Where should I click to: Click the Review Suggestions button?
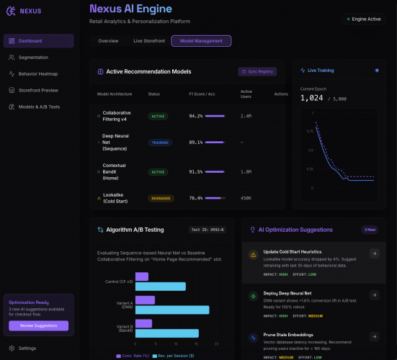pyautogui.click(x=38, y=325)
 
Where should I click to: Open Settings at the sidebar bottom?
pyautogui.click(x=27, y=348)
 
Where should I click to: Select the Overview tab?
pyautogui.click(x=108, y=41)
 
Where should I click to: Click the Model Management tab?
pyautogui.click(x=201, y=41)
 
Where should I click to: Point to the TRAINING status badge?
pyautogui.click(x=159, y=143)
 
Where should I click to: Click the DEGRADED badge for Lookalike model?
pyautogui.click(x=161, y=198)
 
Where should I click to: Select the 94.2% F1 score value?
pyautogui.click(x=195, y=115)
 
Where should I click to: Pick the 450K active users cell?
pyautogui.click(x=246, y=198)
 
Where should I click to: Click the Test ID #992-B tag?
pyautogui.click(x=208, y=230)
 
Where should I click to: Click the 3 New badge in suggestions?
pyautogui.click(x=370, y=230)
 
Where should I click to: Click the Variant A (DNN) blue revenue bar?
pyautogui.click(x=171, y=310)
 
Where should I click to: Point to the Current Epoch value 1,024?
pyautogui.click(x=312, y=98)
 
